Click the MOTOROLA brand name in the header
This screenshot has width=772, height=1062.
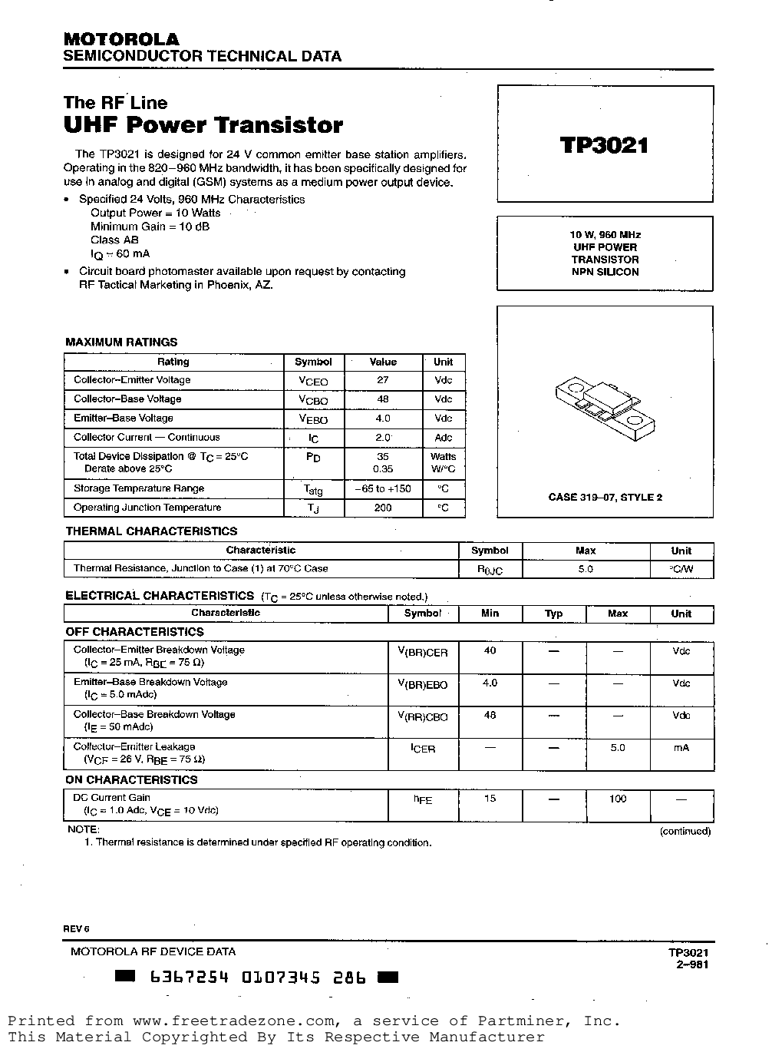click(x=121, y=39)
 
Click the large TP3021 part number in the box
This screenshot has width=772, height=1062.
click(x=605, y=145)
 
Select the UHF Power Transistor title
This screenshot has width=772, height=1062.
click(x=203, y=125)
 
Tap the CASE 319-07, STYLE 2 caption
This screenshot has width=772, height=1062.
click(x=605, y=497)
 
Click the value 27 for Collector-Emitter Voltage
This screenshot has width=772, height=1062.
click(x=383, y=380)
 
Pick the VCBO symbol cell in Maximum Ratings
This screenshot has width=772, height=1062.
click(x=313, y=400)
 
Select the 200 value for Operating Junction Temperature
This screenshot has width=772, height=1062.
click(x=383, y=508)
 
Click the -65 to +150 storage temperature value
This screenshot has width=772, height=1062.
click(x=383, y=488)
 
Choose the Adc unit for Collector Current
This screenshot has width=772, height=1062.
click(x=443, y=438)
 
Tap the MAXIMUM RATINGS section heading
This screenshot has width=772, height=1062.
click(x=121, y=342)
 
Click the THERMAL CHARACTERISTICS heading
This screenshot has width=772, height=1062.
click(x=151, y=531)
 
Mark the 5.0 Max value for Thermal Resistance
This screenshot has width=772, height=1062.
click(x=585, y=569)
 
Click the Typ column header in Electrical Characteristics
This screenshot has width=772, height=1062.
click(x=553, y=614)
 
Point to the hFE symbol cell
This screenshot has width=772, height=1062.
click(x=423, y=799)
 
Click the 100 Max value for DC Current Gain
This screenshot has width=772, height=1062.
click(x=617, y=799)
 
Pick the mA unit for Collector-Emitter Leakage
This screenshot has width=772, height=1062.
click(x=681, y=747)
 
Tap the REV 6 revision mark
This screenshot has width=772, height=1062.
click(x=77, y=928)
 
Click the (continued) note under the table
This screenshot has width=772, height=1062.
click(x=685, y=831)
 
